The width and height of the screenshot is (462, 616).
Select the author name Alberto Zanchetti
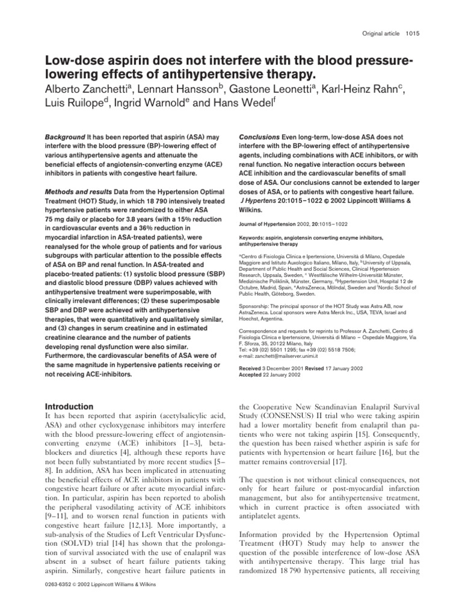click(87, 90)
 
